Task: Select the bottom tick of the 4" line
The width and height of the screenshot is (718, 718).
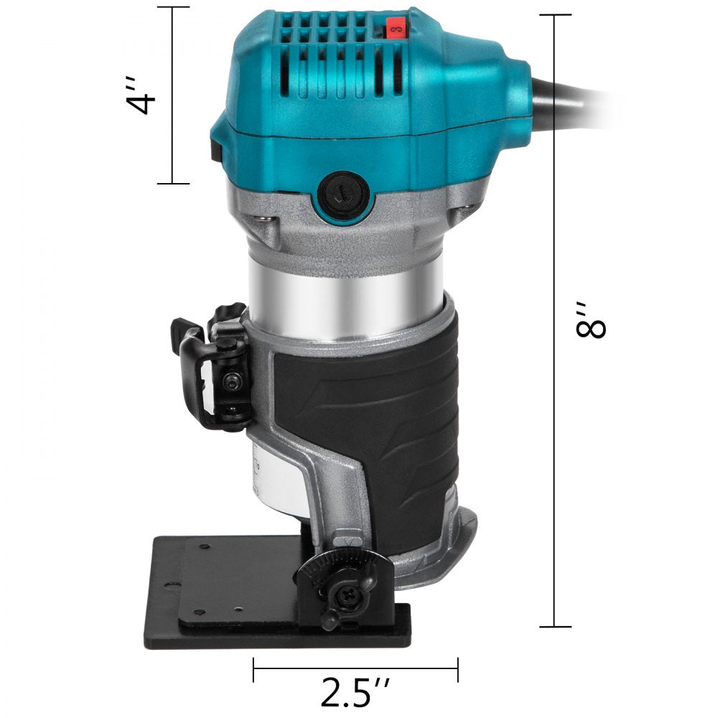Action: click(172, 184)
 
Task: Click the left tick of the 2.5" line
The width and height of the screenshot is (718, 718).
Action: click(253, 669)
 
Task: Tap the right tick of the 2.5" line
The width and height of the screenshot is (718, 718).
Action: click(458, 669)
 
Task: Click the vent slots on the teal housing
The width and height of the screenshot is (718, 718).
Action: click(330, 50)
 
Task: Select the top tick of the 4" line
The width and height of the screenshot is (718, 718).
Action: click(172, 7)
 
